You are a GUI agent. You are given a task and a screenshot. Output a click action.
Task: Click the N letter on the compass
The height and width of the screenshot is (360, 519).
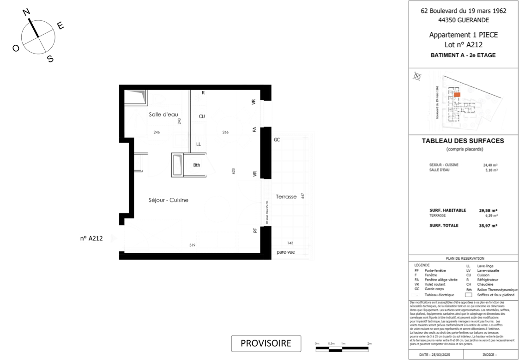pos(27,12)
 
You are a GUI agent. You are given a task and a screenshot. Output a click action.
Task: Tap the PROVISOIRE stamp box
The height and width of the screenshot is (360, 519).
pos(266,343)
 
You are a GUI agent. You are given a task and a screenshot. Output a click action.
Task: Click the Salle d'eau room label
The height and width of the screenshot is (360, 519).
pos(163,114)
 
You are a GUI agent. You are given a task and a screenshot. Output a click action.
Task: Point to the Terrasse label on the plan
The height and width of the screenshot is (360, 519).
pos(286,196)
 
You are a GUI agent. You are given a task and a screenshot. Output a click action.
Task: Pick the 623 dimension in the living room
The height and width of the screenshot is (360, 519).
pos(234,171)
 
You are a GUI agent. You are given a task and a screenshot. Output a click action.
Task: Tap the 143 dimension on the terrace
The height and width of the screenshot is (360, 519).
pos(290,243)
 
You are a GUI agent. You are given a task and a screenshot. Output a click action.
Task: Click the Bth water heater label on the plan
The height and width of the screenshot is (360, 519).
pos(196,165)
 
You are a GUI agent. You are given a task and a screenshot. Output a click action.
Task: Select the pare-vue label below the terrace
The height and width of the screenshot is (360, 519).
pos(285,252)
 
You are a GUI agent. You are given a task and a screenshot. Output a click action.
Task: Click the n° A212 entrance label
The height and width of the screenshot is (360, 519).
pos(91,238)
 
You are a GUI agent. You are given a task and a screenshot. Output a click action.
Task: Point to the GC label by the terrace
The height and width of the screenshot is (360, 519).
pos(277,140)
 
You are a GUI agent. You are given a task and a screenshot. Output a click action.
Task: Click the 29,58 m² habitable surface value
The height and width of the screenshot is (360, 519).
pos(488,210)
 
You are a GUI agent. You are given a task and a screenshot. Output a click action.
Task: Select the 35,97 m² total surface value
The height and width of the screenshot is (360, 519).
pos(488,226)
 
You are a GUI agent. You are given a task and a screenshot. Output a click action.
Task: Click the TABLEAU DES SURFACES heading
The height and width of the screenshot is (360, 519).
pos(463,141)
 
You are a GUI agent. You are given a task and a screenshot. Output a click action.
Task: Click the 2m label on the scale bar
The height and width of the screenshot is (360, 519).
pos(369,344)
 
